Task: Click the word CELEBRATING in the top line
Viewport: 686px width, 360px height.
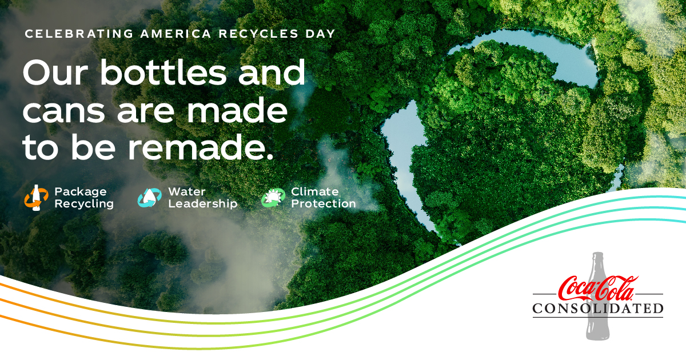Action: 79,34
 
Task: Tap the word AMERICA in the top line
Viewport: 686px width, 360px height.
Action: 176,34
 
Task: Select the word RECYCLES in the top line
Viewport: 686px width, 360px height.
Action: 258,34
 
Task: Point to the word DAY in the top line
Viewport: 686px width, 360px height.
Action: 320,34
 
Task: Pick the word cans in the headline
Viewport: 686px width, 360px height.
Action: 63,112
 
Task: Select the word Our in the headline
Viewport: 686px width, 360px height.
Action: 55,73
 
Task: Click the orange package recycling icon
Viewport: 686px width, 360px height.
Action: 36,198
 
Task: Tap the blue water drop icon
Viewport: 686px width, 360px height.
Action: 149,198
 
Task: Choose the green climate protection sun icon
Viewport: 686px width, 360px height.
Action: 273,198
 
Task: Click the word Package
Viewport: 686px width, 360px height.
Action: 81,192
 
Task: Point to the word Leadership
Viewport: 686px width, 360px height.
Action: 203,204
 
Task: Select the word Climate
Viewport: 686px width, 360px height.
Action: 315,191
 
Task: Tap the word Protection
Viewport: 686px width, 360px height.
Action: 324,203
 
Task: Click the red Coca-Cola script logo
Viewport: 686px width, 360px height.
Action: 598,289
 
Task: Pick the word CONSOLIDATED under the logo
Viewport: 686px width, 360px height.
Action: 598,309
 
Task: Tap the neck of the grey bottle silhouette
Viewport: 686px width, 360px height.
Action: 598,264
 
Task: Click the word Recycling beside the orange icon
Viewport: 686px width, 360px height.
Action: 84,204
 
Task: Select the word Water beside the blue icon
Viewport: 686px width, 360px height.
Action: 187,191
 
